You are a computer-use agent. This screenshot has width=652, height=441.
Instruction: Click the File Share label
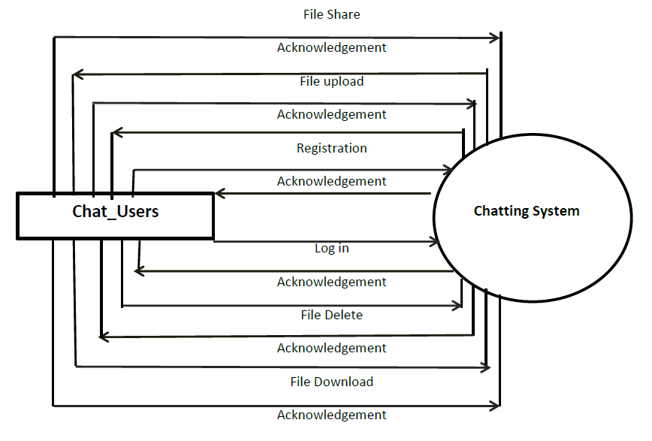(x=331, y=14)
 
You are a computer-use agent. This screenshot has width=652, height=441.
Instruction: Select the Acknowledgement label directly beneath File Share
(x=331, y=48)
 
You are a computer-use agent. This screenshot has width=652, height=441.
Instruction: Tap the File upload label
(x=331, y=81)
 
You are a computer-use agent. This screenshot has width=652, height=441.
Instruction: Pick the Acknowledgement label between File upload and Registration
(x=331, y=115)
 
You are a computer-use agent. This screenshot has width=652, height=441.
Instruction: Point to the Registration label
(x=331, y=148)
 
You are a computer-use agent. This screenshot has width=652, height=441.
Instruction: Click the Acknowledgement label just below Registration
(x=331, y=181)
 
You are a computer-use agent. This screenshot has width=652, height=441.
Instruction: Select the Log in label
(x=331, y=248)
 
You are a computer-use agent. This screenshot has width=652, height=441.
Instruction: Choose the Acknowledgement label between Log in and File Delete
(x=331, y=282)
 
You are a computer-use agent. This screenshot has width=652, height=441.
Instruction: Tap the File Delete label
(x=331, y=315)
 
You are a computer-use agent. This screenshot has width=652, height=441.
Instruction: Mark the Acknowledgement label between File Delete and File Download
(x=331, y=348)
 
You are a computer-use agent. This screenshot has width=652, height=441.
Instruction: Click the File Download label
(x=331, y=382)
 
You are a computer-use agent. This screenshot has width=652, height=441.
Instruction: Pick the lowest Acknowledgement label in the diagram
(x=331, y=415)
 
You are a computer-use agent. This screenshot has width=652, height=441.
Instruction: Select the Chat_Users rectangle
(x=115, y=216)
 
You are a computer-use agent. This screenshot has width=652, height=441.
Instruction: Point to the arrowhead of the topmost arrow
(x=495, y=37)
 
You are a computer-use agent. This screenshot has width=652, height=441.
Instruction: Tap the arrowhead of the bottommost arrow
(x=495, y=406)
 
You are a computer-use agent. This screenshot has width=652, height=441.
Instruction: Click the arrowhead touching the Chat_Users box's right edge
(x=220, y=194)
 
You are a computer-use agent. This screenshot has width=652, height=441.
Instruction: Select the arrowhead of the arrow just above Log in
(x=433, y=242)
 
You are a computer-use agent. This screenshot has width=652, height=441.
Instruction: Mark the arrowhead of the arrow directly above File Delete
(x=457, y=305)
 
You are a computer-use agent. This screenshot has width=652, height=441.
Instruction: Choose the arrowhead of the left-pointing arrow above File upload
(x=77, y=74)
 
